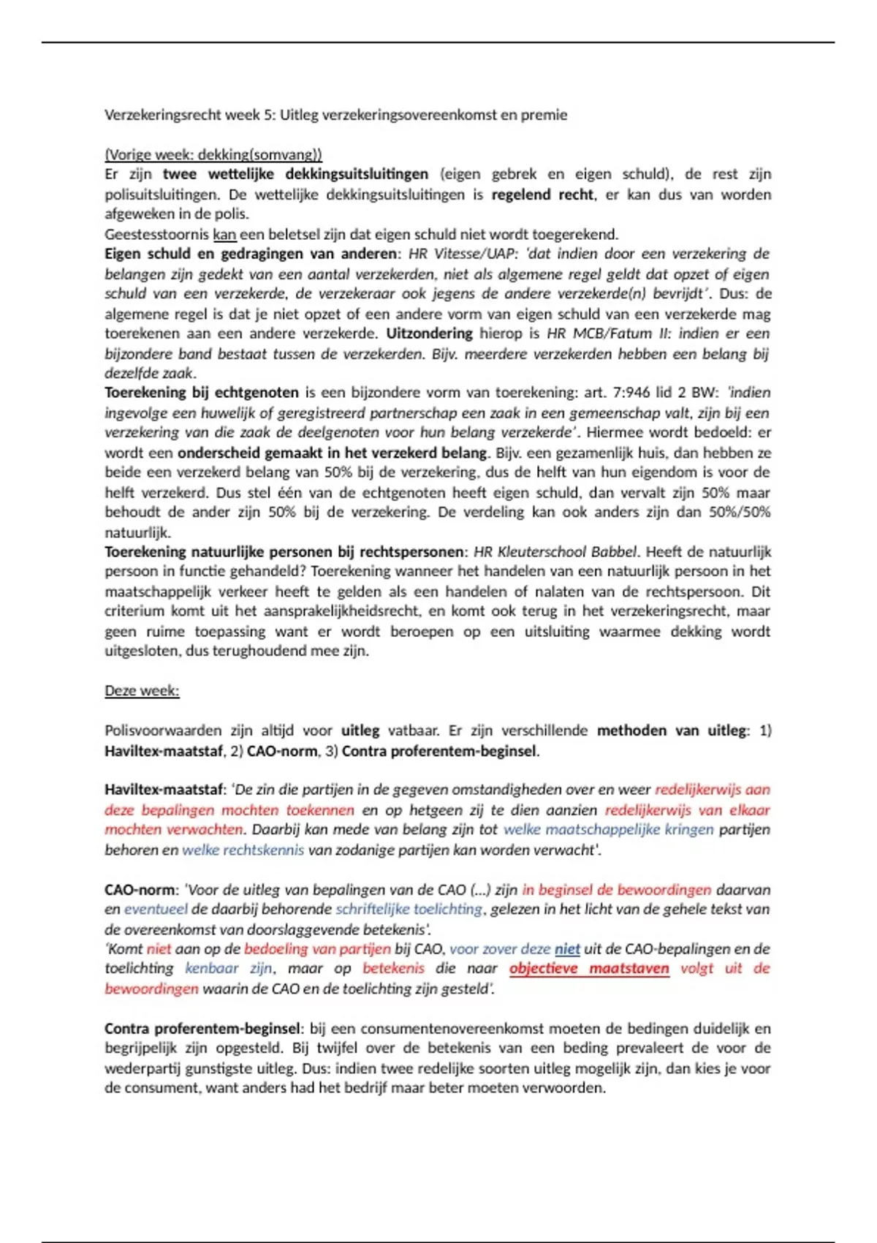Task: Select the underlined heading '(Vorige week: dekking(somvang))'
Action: tap(213, 154)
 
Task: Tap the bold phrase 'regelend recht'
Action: tap(543, 194)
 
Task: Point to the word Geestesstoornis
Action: tap(156, 234)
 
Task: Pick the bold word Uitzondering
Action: tap(430, 333)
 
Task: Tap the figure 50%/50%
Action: tap(740, 512)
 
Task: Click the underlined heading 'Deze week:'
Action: tap(142, 690)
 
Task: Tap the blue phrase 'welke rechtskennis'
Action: tap(243, 850)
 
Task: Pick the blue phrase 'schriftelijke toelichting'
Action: tap(409, 909)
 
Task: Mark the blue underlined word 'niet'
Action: tap(567, 948)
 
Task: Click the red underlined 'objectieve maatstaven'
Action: tap(589, 968)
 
